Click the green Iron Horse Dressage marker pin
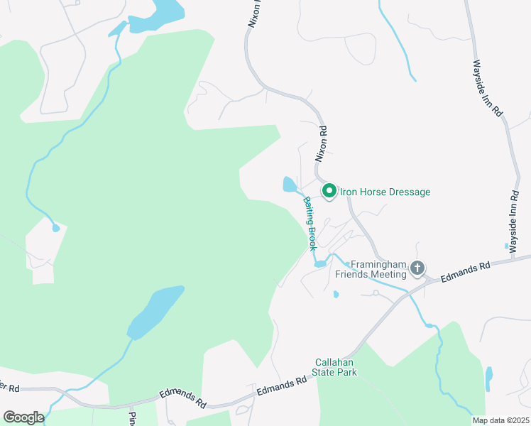click(329, 191)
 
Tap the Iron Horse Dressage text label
click(385, 192)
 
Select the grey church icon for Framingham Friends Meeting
click(417, 268)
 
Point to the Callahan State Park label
click(336, 366)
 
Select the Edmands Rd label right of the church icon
click(465, 271)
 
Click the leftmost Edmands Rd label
click(182, 398)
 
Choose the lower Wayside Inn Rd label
click(515, 214)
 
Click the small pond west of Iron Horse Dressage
click(290, 185)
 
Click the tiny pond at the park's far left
click(55, 228)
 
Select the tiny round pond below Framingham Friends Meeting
click(336, 294)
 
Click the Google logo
click(23, 417)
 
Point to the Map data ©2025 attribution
click(500, 420)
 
